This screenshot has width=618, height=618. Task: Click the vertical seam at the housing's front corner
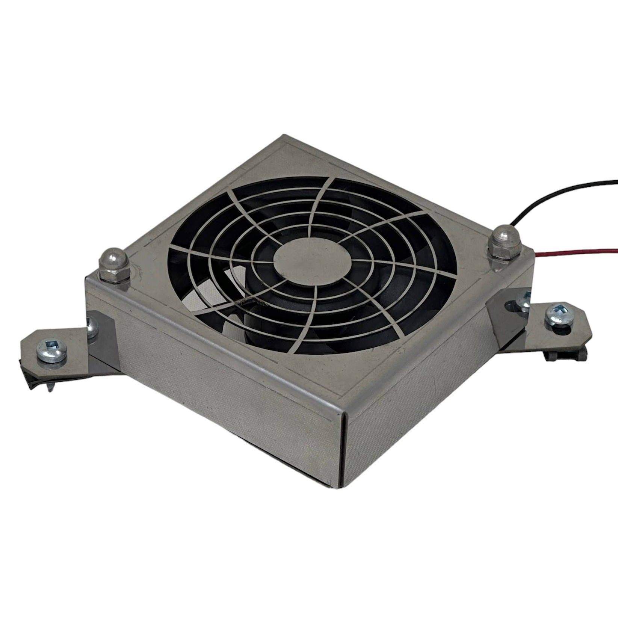pos(342,447)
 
